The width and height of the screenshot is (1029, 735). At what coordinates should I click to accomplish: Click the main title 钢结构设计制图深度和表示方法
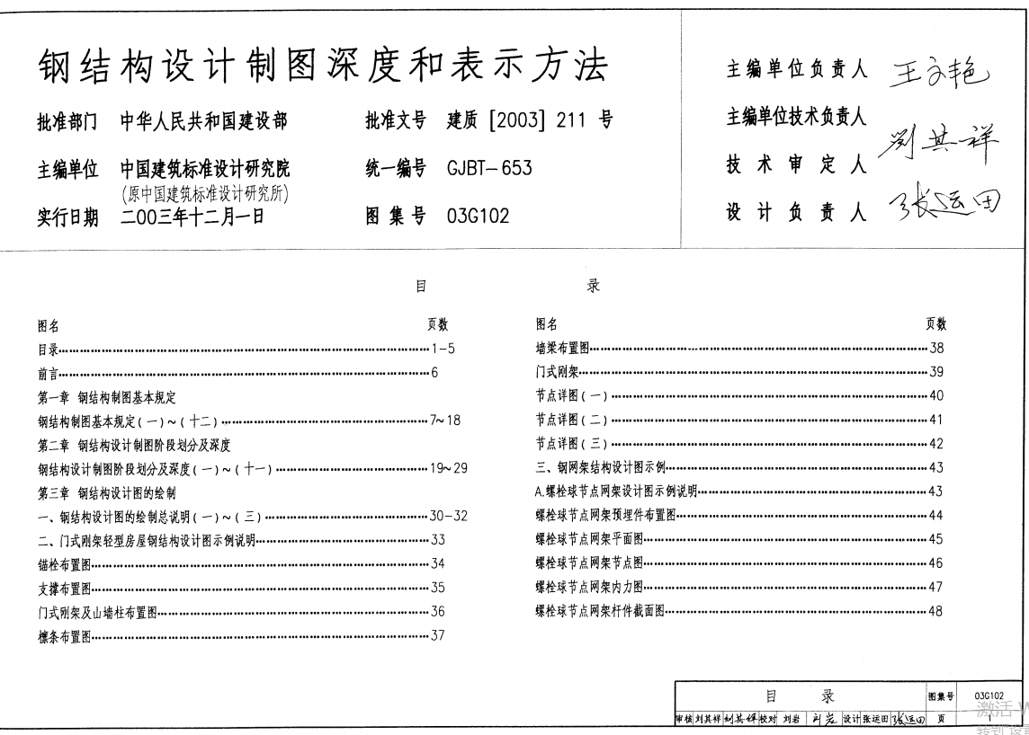[x=323, y=66]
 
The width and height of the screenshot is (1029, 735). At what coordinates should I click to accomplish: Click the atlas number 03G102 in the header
[x=478, y=216]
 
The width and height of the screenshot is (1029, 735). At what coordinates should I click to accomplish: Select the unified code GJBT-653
[x=488, y=168]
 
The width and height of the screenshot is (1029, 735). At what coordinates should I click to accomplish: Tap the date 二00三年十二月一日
[x=192, y=216]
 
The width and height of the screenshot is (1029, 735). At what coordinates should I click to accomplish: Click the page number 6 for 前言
[x=434, y=373]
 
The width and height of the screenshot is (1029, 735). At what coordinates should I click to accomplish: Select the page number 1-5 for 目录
[x=443, y=349]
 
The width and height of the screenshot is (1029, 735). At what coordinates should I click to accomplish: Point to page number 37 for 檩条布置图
[x=438, y=635]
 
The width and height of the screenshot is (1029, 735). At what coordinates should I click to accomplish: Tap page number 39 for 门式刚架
[x=936, y=372]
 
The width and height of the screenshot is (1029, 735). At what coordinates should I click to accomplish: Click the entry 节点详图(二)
[x=572, y=420]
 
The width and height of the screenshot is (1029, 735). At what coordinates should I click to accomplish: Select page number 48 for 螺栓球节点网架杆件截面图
[x=936, y=611]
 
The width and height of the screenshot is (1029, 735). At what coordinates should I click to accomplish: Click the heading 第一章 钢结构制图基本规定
[x=107, y=396]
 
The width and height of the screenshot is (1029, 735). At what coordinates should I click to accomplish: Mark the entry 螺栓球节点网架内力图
[x=589, y=588]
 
